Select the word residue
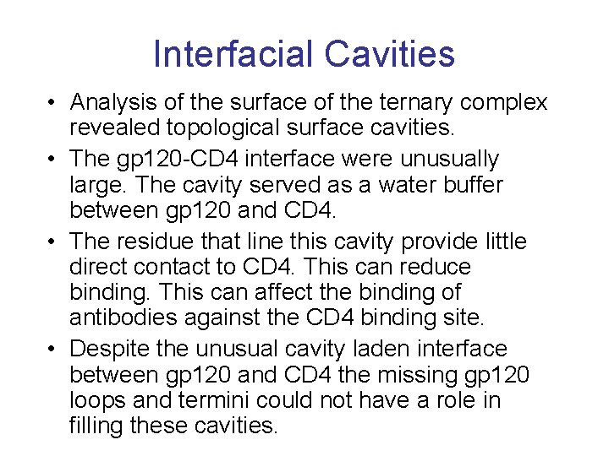[x=156, y=242]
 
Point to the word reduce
[x=432, y=267]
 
